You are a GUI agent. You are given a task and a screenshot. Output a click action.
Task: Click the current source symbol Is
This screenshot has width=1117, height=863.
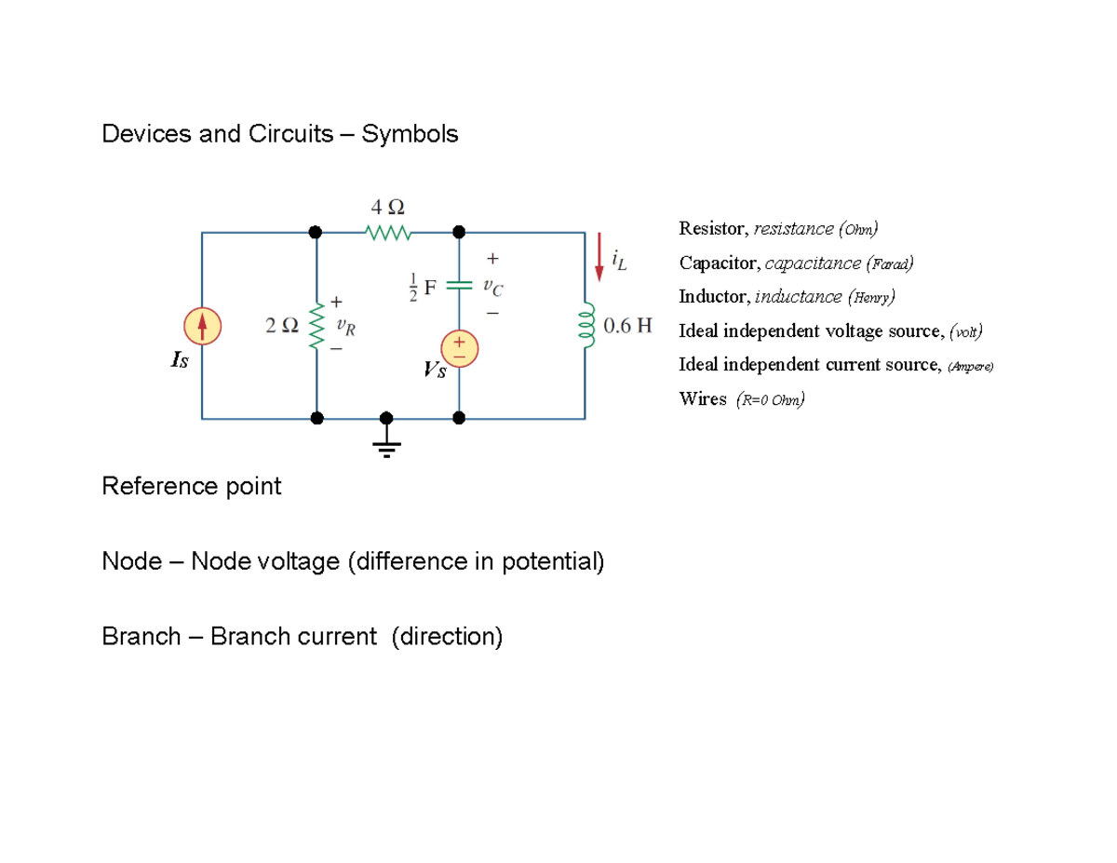pyautogui.click(x=202, y=325)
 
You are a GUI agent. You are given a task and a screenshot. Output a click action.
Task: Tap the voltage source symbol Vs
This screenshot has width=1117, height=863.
pyautogui.click(x=459, y=349)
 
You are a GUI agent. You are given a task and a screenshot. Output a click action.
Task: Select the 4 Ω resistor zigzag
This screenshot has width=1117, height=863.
pyautogui.click(x=387, y=232)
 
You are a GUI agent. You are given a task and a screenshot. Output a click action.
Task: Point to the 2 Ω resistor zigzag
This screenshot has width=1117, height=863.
pyautogui.click(x=316, y=325)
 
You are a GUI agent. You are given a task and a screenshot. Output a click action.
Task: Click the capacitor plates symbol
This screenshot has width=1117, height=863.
pyautogui.click(x=459, y=287)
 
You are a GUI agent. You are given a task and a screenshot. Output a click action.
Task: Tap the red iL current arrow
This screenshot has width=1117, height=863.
pyautogui.click(x=599, y=256)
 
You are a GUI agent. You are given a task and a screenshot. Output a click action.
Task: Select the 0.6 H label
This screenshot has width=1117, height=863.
pyautogui.click(x=628, y=326)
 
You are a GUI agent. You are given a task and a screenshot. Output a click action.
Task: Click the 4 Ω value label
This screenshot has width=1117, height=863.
pyautogui.click(x=387, y=206)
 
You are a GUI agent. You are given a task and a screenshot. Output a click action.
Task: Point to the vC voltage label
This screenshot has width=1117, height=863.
pyautogui.click(x=491, y=287)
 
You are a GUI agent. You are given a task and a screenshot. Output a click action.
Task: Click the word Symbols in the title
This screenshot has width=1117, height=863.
pyautogui.click(x=410, y=134)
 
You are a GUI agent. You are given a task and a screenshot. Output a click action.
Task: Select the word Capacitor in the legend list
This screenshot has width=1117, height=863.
pyautogui.click(x=718, y=263)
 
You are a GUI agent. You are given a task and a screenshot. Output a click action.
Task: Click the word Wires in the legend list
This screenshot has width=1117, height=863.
pyautogui.click(x=703, y=399)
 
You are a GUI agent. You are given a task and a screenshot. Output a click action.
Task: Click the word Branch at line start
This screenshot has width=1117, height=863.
pyautogui.click(x=141, y=637)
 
